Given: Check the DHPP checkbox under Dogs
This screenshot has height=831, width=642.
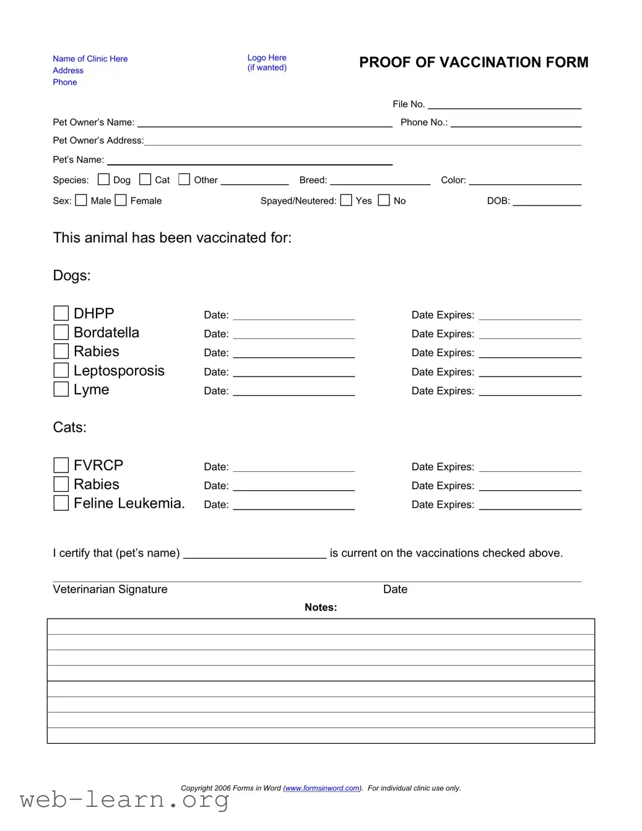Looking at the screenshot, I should click(x=61, y=313).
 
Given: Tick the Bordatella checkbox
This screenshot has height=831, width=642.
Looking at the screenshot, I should click(x=61, y=333).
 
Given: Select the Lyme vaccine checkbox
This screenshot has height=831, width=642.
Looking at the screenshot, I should click(x=61, y=389).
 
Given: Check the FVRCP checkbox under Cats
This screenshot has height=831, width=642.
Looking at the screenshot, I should click(x=61, y=465).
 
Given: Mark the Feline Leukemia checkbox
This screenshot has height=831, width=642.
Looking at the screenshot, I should click(x=61, y=503).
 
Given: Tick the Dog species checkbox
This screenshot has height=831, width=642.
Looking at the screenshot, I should click(x=104, y=180).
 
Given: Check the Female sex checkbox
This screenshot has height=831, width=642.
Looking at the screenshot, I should click(x=121, y=200).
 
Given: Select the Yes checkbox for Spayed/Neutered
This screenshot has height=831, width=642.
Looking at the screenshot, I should click(x=346, y=200).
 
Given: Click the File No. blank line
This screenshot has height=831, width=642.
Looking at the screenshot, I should click(x=504, y=105).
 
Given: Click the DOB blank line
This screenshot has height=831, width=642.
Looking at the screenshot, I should click(x=547, y=202).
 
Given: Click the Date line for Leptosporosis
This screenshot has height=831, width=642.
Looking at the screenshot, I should click(x=293, y=373).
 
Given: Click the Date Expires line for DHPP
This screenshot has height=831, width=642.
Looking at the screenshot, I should click(x=530, y=316).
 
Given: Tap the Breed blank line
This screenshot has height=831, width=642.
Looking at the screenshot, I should click(x=380, y=181).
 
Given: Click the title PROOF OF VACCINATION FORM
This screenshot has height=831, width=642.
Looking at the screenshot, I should click(x=474, y=63).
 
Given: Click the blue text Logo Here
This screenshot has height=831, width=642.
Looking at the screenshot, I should click(x=267, y=58).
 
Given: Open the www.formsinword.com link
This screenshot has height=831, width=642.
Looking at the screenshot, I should click(x=322, y=788).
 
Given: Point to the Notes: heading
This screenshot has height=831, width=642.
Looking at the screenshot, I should click(x=321, y=607).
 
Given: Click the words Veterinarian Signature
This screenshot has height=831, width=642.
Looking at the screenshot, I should click(x=110, y=590).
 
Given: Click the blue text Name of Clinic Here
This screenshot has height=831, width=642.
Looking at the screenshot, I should click(x=90, y=59).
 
